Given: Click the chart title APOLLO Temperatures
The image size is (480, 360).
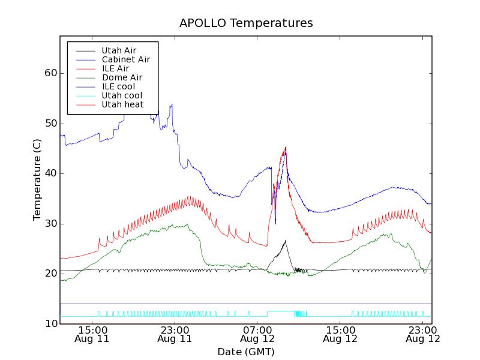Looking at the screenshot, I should pos(246,23).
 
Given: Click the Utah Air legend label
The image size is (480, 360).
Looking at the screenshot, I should pos(119,50).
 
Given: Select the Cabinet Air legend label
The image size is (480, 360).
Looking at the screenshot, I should pos(126,59).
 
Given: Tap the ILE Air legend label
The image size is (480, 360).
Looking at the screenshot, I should pos(115,68).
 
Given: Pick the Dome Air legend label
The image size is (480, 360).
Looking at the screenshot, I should pos(122,77).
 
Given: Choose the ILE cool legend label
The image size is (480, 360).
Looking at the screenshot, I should pos(118,86).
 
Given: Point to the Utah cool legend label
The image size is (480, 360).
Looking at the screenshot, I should pos(122,95).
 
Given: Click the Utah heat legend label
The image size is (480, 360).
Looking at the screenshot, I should pos(122,104).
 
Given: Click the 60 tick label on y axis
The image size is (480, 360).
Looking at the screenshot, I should pos(50,73).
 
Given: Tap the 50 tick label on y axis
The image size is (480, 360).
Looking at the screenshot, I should pos(50,124).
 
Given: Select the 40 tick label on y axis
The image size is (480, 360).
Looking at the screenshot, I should pos(50,173).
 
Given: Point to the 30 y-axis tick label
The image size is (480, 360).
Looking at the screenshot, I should pos(50,224).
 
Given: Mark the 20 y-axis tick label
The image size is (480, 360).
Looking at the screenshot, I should pos(50,274).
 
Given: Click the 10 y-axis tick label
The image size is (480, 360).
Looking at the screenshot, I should pos(50,324).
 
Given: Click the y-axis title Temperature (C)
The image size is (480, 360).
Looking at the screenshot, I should pos(37,179).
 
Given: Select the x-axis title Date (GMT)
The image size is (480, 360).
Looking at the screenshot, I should pos(246,352).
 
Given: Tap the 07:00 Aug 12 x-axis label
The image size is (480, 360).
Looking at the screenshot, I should pos(257,334).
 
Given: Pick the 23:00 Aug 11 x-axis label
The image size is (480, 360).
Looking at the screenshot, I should pos(175,334).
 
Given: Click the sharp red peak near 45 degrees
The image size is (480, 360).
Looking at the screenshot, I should pos(286,147).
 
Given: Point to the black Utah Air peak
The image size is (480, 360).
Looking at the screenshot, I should pos(285,241).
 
